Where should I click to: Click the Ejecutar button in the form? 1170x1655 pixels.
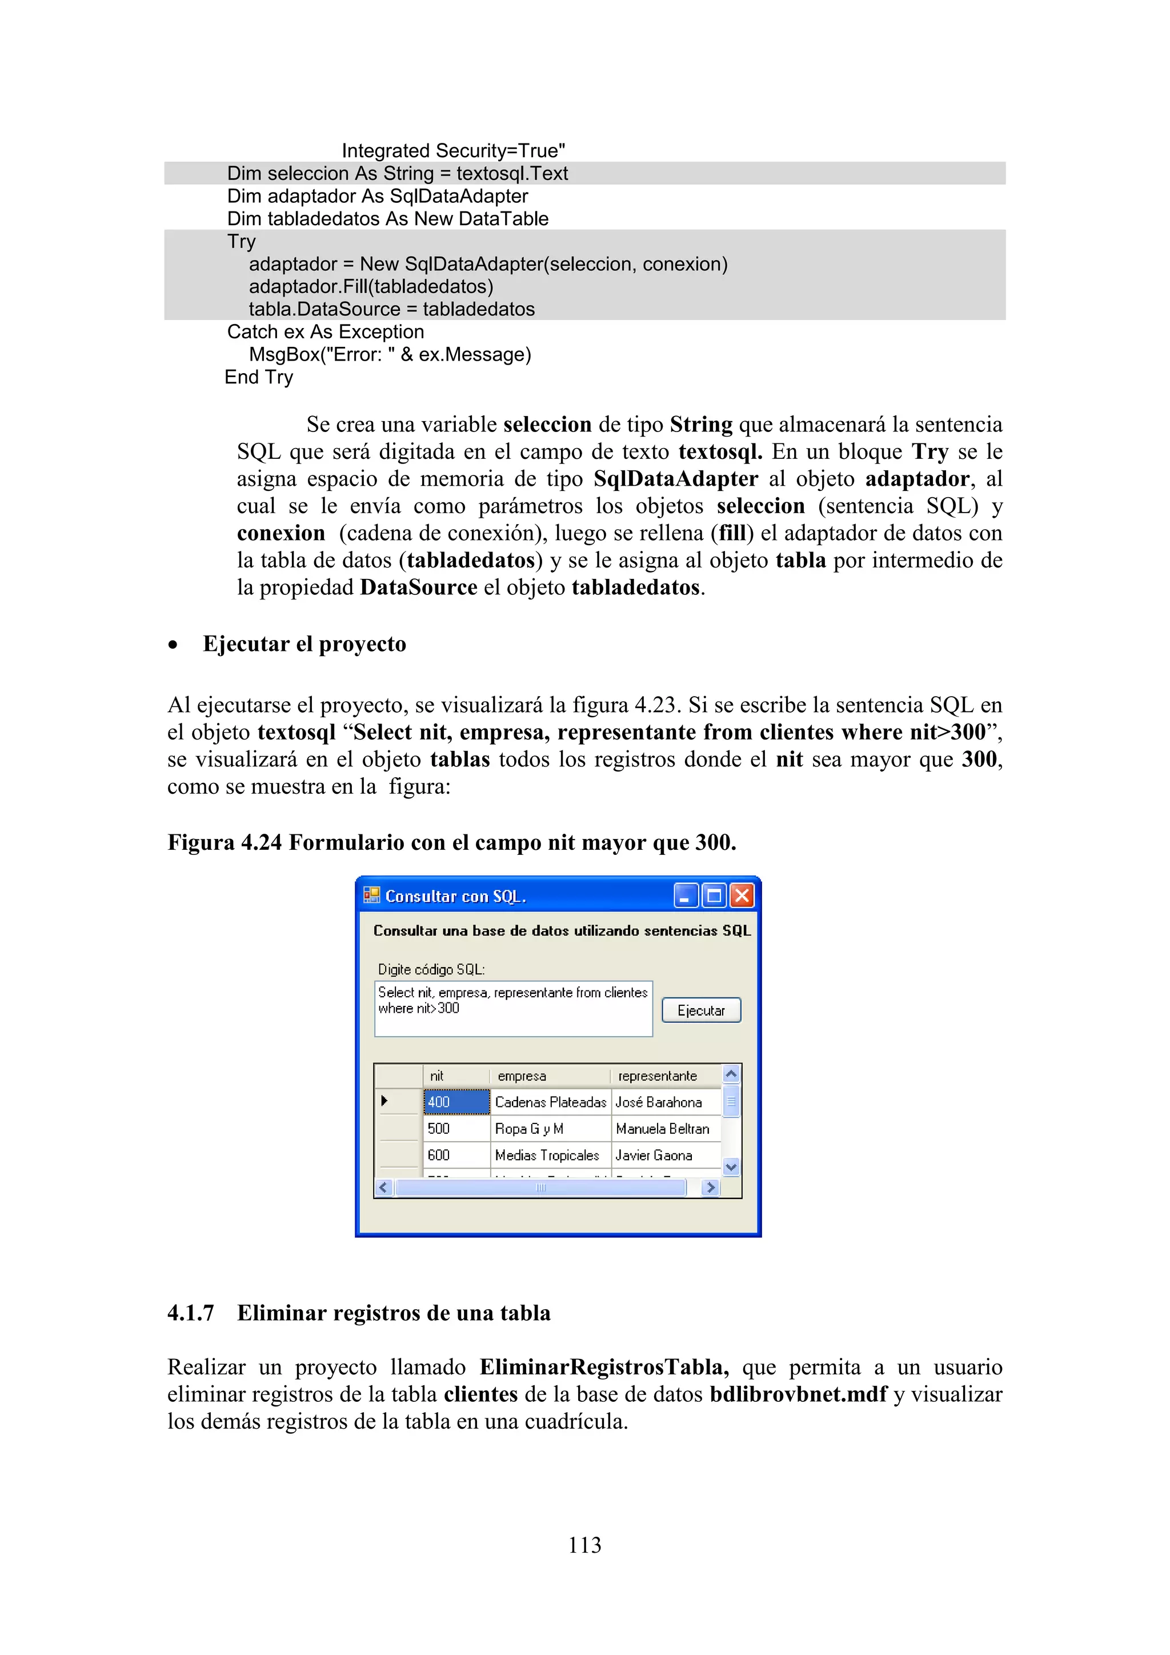pos(700,1010)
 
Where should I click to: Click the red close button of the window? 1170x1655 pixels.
pos(742,896)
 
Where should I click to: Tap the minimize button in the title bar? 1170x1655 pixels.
pos(685,896)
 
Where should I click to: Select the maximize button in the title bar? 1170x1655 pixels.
pos(713,896)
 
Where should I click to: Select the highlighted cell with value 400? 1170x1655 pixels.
pos(456,1101)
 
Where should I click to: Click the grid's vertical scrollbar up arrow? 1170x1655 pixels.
pos(731,1074)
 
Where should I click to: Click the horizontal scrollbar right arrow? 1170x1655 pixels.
pos(710,1187)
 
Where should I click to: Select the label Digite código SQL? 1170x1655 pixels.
pos(431,969)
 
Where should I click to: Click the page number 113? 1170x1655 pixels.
pos(584,1545)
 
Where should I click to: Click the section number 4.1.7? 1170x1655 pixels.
pos(190,1313)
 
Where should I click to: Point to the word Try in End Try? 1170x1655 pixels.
pos(279,377)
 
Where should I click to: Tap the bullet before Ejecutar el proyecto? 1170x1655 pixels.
pos(173,645)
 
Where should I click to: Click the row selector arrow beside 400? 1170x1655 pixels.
pos(384,1101)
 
